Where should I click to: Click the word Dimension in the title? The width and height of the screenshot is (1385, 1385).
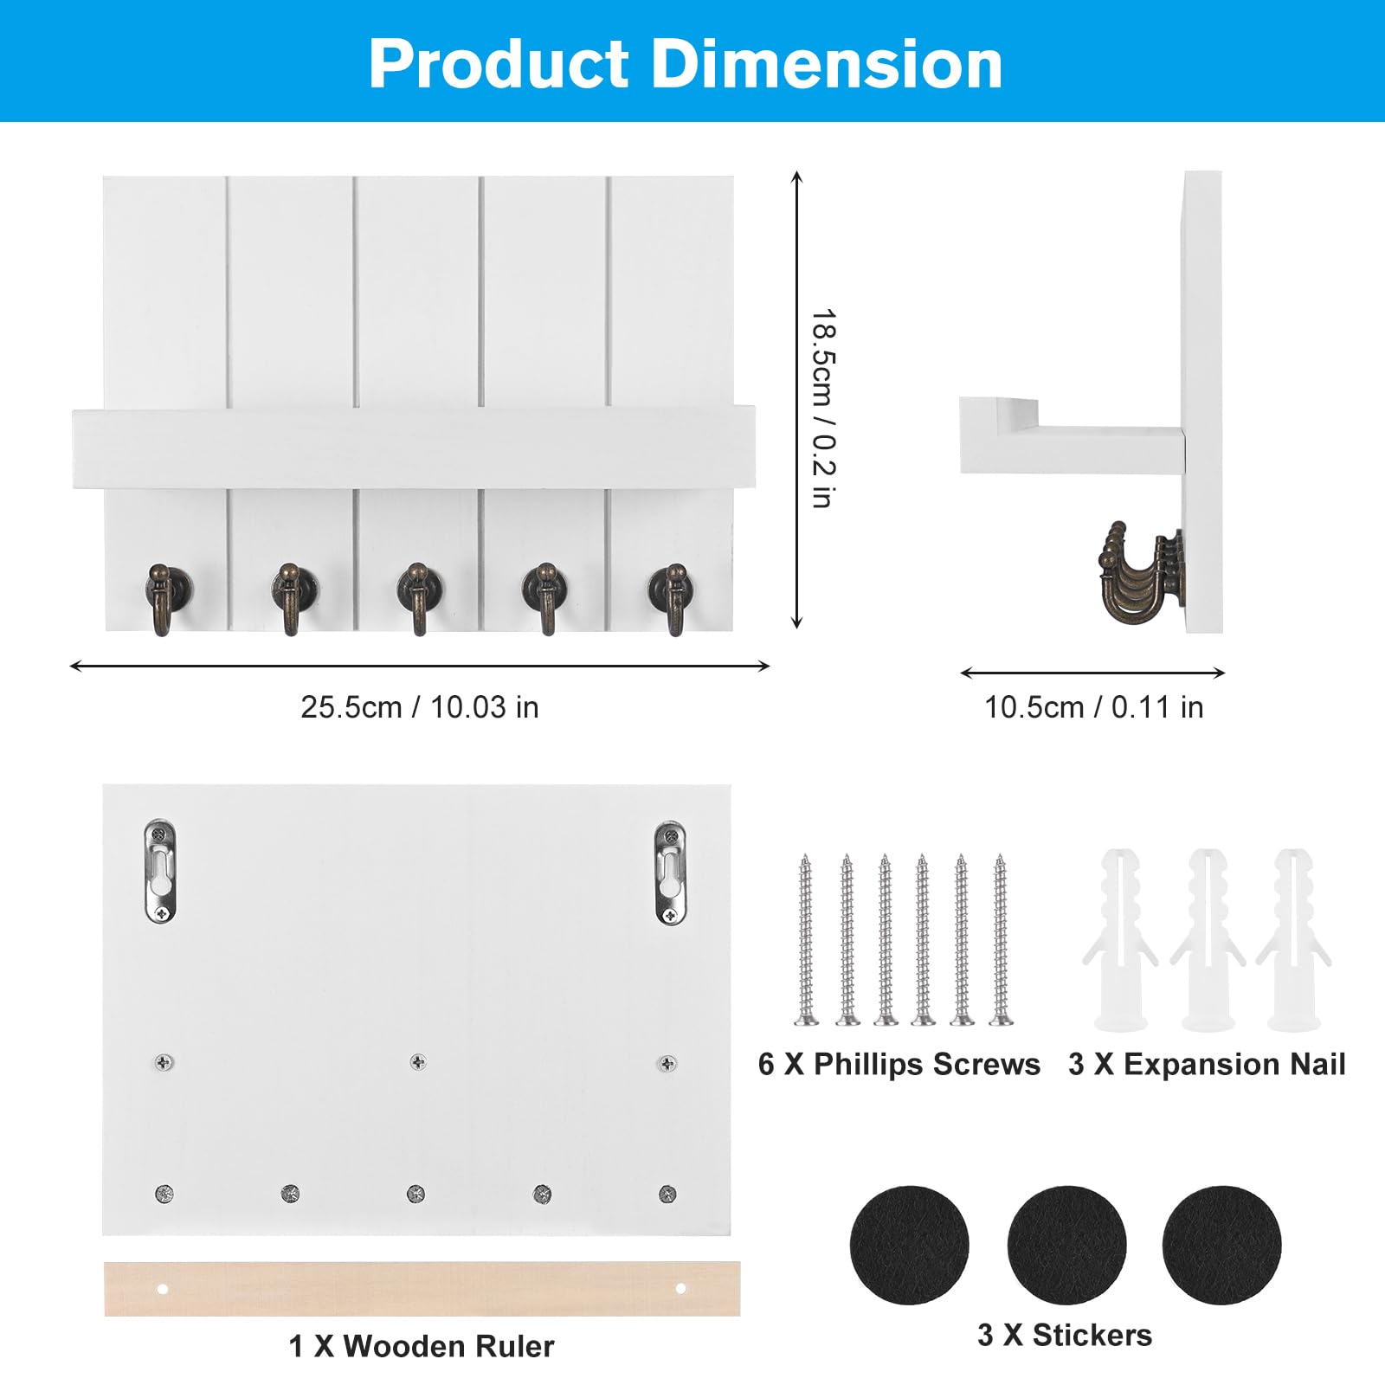click(827, 64)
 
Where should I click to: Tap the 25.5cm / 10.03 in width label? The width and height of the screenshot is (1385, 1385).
click(420, 707)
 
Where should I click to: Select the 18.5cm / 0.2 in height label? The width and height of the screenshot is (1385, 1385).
click(823, 408)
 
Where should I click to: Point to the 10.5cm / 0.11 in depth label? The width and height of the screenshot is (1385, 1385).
click(1094, 707)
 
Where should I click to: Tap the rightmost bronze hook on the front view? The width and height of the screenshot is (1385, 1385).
click(671, 598)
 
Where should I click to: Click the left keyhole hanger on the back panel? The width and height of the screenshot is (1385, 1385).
click(160, 871)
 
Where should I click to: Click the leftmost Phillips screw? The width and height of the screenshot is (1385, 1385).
click(807, 940)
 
